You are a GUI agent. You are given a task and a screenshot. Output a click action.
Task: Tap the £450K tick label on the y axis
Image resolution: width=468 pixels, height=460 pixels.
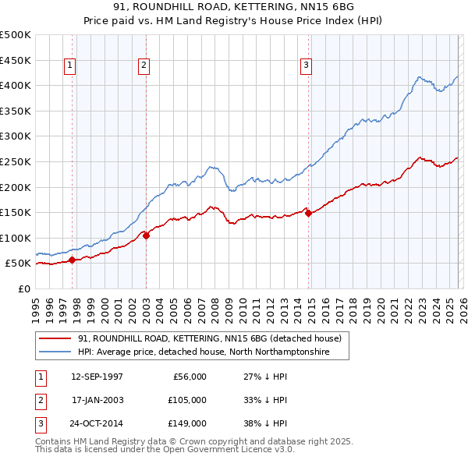[16, 60]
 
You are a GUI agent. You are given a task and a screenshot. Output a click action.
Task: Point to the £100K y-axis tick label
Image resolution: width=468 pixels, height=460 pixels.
[16, 238]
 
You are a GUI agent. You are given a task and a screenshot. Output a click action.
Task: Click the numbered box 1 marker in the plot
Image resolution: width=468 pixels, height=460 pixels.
[70, 66]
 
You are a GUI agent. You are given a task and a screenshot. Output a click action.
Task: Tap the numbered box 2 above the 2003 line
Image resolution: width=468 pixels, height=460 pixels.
[144, 66]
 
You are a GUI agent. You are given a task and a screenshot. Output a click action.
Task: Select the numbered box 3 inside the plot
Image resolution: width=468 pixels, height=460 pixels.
[307, 66]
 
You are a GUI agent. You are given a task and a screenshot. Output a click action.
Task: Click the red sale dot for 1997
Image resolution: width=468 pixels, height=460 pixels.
[73, 260]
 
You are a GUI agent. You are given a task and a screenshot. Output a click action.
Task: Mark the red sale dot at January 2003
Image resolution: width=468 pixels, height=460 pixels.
[147, 235]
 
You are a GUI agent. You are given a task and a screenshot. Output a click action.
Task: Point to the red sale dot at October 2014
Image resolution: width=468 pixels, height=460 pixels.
[309, 213]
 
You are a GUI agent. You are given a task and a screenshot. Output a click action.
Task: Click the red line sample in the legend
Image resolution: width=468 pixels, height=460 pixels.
[56, 339]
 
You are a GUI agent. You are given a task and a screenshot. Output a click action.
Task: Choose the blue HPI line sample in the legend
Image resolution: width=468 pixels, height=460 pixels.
[56, 352]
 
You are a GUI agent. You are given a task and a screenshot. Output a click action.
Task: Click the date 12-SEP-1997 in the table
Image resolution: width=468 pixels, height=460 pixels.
[97, 377]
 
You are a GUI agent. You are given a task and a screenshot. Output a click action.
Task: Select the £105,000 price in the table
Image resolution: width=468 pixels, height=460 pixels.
[186, 400]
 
